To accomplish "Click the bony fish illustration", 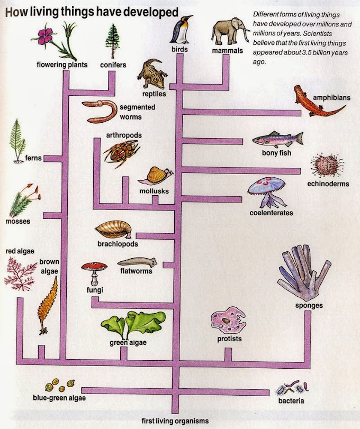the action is pos(277,140).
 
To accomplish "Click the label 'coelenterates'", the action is pos(272,213).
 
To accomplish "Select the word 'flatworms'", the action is pos(136,271).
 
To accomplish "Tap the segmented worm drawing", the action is pos(102,111).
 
